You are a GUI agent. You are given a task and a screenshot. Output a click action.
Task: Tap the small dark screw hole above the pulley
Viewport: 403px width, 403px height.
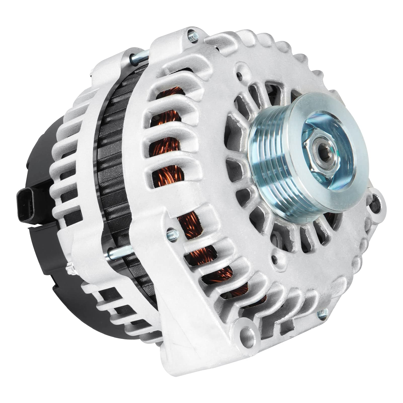click(239, 75)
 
